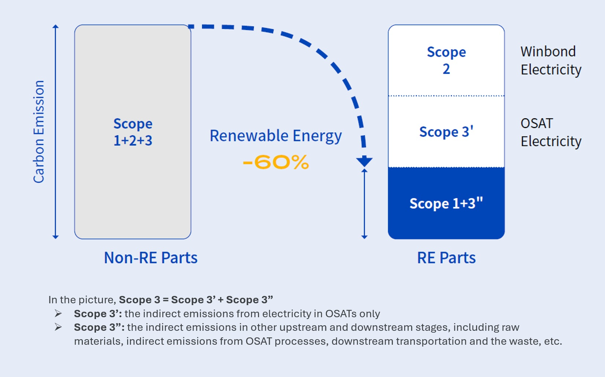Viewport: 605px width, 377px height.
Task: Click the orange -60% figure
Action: tap(276, 162)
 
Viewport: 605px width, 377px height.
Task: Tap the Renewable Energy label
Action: tap(276, 136)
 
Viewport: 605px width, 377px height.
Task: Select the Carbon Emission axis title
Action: tap(39, 132)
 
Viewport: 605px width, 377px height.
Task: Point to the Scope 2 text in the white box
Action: tap(446, 60)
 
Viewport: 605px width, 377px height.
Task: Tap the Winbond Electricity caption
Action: tap(550, 61)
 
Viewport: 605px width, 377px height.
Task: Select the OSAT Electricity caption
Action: tap(550, 132)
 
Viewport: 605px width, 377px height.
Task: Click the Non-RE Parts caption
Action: tap(151, 258)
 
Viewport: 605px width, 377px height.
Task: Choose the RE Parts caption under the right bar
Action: tap(446, 258)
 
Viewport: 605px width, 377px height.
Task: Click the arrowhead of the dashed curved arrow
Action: tap(364, 161)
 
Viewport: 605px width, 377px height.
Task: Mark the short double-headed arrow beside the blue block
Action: tap(364, 204)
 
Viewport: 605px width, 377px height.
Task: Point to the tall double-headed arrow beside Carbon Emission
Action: tap(55, 132)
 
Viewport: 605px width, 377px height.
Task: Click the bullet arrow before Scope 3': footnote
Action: tap(58, 314)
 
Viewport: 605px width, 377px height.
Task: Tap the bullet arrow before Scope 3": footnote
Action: tap(58, 327)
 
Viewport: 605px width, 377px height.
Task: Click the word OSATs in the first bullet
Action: tap(341, 314)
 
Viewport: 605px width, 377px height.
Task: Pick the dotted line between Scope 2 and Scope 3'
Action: tap(446, 96)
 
